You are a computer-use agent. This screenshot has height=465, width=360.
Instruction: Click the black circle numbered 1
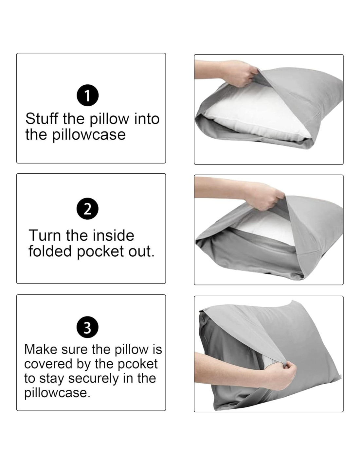click(88, 96)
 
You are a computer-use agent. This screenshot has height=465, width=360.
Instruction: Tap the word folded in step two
click(50, 251)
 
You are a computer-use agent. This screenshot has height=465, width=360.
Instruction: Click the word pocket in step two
click(100, 252)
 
